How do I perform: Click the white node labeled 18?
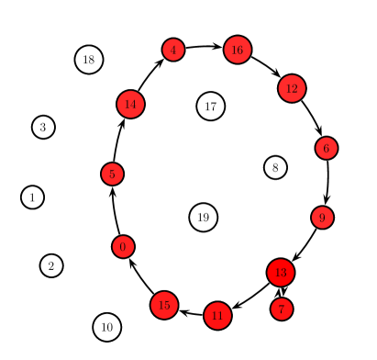point(89,60)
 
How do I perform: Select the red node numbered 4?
point(173,50)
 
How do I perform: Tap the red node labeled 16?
point(238,50)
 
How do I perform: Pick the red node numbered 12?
point(292,88)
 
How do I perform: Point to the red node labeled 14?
point(130,104)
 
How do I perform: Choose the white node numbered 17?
point(211,106)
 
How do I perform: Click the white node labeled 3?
point(43,127)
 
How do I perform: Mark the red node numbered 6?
point(327,148)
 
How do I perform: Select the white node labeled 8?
point(275,167)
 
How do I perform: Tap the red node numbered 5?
point(112,174)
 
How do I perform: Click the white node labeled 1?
point(32,197)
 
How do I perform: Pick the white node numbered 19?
point(204,218)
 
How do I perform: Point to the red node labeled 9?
point(322,218)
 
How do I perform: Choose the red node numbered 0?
point(123,246)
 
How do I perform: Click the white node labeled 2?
point(51,265)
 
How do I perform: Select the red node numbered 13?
point(281,273)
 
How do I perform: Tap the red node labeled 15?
point(164,305)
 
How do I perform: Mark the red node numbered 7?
point(282,309)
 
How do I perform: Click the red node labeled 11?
point(217,316)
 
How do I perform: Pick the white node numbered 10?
point(107,326)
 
